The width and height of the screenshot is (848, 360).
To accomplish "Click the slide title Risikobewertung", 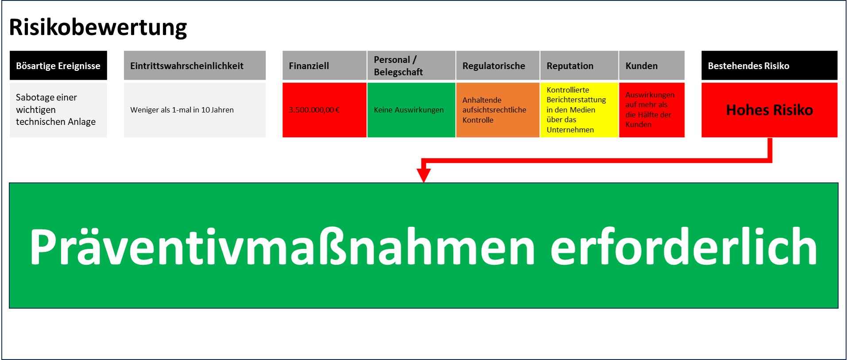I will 98,27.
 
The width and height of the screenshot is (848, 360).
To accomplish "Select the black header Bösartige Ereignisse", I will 58,66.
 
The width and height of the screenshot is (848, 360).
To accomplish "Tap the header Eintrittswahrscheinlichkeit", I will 194,66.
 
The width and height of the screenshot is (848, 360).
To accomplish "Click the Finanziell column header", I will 324,66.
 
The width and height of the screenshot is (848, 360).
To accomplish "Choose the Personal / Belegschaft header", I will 411,66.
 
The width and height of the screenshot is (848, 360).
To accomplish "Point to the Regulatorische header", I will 497,66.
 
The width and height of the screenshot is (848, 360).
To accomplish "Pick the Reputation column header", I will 579,66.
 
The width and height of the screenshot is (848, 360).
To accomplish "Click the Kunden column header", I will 651,66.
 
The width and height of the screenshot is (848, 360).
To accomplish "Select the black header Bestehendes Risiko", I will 769,66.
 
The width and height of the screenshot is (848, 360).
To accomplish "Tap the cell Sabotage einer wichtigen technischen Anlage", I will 58,110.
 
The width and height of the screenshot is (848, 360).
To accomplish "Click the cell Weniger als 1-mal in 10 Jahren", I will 194,110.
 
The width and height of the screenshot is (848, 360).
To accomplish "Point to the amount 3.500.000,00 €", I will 314,110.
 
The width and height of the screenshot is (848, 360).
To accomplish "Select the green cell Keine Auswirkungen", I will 409,110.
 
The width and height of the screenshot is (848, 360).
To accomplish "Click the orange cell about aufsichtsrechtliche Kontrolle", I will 495,110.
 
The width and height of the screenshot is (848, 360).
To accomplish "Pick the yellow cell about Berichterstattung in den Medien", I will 576,110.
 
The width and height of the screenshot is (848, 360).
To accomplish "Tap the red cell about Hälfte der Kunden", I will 650,110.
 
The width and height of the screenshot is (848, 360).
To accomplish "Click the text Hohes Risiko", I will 769,110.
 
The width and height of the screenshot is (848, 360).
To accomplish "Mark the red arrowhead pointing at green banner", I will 424,174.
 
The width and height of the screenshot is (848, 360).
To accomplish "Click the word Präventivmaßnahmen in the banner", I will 282,247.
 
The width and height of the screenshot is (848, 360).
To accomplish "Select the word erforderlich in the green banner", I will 683,247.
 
